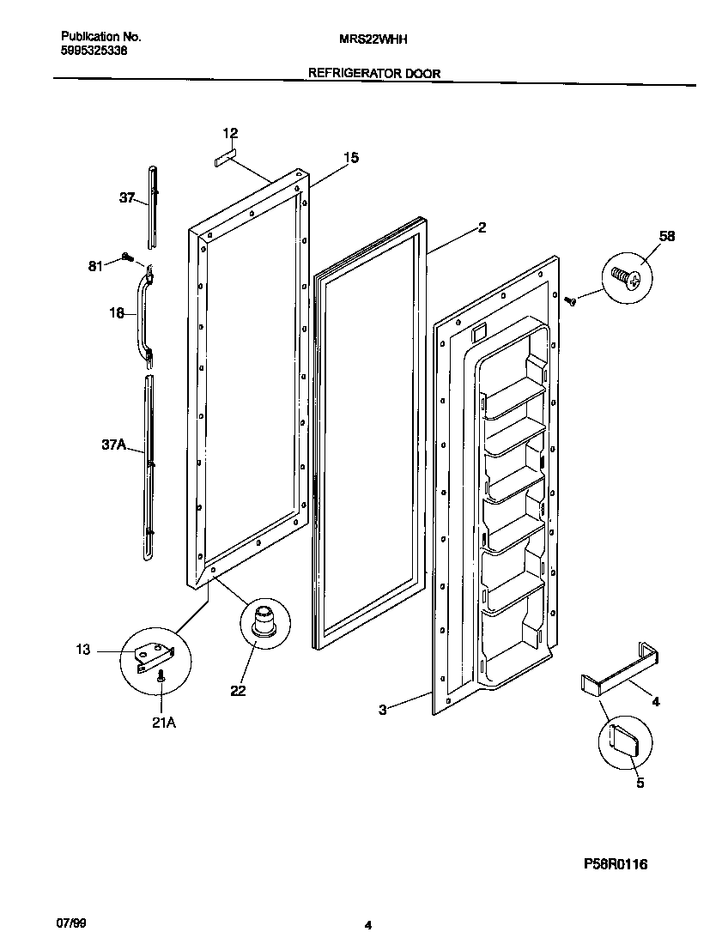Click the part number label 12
coord(230,133)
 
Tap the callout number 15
coord(351,158)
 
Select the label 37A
coord(113,445)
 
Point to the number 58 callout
coord(667,236)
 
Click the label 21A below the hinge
coord(163,723)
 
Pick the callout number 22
coord(238,690)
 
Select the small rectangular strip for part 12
coord(225,159)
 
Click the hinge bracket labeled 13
coord(155,657)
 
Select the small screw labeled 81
coord(126,257)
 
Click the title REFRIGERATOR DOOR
coord(374,74)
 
